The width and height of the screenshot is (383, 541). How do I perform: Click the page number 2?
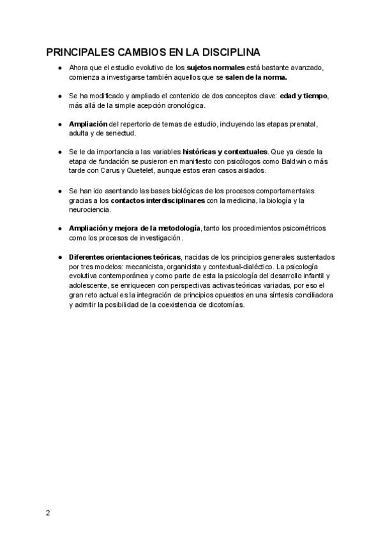(x=47, y=513)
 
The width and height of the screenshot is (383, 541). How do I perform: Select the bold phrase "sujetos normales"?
(x=215, y=68)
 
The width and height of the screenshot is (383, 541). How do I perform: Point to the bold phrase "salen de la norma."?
(x=256, y=77)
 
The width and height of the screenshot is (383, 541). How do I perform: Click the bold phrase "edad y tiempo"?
(x=303, y=96)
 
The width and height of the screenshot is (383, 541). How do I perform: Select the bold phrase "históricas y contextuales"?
(x=225, y=152)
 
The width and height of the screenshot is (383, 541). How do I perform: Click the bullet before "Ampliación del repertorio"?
(x=59, y=124)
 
